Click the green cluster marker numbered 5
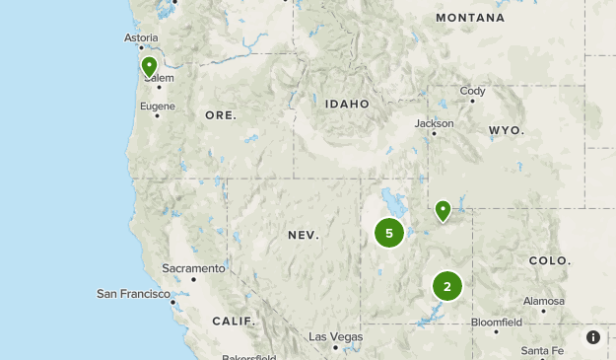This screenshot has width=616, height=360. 389,233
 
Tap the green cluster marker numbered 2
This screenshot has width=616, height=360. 447,286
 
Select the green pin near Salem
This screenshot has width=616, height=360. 149,67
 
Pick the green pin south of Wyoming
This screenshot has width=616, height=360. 444,210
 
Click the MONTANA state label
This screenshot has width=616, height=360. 470,18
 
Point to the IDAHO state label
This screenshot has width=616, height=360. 347,104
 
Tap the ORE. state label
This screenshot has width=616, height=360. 221,115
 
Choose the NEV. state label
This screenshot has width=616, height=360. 304,235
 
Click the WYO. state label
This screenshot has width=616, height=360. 506,130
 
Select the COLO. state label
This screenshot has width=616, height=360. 549,260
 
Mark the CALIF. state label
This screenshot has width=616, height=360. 234,321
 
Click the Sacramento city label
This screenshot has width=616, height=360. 194,268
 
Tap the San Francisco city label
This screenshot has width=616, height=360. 134,294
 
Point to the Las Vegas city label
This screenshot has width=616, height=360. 335,336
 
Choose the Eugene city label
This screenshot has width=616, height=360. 158,106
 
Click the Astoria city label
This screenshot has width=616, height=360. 141,38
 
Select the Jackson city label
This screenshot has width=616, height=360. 435,123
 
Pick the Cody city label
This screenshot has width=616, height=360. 473,92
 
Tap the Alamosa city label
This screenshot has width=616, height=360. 544,301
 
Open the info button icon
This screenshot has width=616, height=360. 593,337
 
